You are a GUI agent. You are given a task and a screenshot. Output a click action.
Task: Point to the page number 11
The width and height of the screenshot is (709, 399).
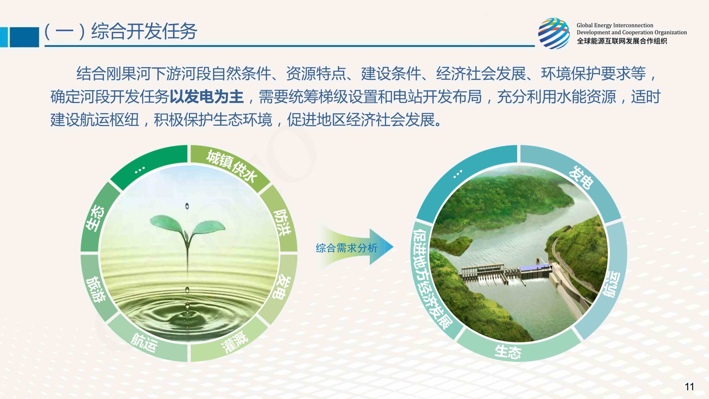point(689,386)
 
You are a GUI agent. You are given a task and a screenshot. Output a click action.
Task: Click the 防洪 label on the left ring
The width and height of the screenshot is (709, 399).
point(282,222)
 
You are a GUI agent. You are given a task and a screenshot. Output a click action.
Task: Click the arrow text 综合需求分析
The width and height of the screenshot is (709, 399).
point(347,248)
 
